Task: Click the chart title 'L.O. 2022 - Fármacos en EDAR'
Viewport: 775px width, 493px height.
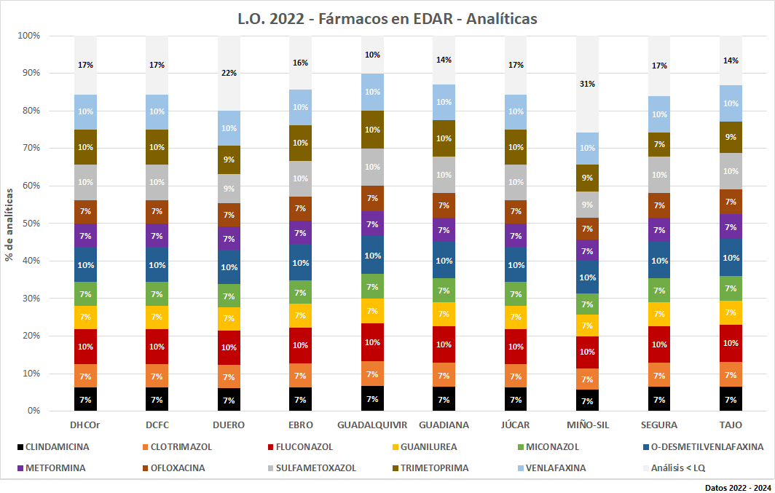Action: coord(387,18)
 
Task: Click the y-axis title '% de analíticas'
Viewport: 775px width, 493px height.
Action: coord(10,224)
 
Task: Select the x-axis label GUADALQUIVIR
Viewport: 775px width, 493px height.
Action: coord(372,425)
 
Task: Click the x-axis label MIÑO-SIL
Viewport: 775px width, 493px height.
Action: coord(587,425)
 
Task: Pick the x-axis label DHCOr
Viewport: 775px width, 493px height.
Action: coord(85,425)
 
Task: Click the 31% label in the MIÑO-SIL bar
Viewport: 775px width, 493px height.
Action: coord(587,84)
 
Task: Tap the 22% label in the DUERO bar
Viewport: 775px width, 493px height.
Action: coord(229,73)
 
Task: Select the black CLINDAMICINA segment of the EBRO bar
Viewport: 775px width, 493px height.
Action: coord(300,399)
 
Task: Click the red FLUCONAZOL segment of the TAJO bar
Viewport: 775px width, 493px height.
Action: coord(730,343)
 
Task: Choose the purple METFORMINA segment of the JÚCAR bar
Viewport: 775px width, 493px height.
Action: coord(516,236)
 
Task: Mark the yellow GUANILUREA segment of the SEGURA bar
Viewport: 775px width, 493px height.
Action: coord(658,314)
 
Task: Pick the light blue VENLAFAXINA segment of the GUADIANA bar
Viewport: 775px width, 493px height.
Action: coord(444,102)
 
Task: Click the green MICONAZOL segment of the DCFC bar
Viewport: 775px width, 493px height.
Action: coord(157,294)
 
